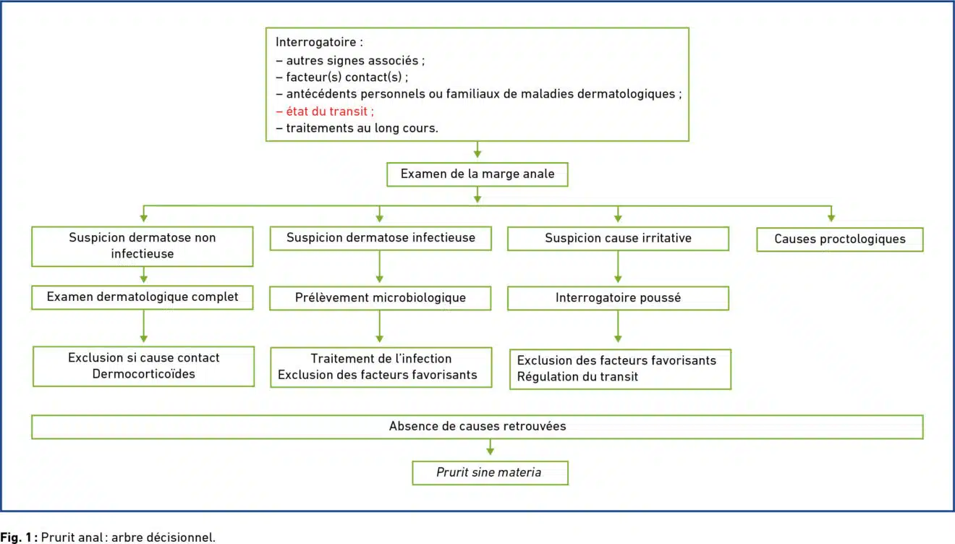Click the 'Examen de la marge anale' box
tap(477, 174)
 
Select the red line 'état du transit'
tap(325, 111)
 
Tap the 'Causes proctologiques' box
tap(840, 239)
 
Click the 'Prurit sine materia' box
tap(490, 473)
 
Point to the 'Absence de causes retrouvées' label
tap(477, 426)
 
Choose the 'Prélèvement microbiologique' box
tap(381, 298)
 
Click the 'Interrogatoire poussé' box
tap(618, 298)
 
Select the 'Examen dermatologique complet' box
tap(143, 297)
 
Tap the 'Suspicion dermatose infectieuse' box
tap(381, 238)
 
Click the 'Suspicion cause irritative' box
tap(618, 239)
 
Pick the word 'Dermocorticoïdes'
tap(144, 374)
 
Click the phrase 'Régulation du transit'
tap(577, 377)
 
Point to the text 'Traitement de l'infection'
tap(381, 359)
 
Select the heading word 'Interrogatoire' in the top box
tap(315, 42)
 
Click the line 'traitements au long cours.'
tap(357, 128)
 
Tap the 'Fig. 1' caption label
tap(19, 537)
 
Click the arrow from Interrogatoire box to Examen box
tap(477, 149)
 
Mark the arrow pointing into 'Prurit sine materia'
tap(491, 447)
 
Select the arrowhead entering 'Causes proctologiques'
tap(831, 218)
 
